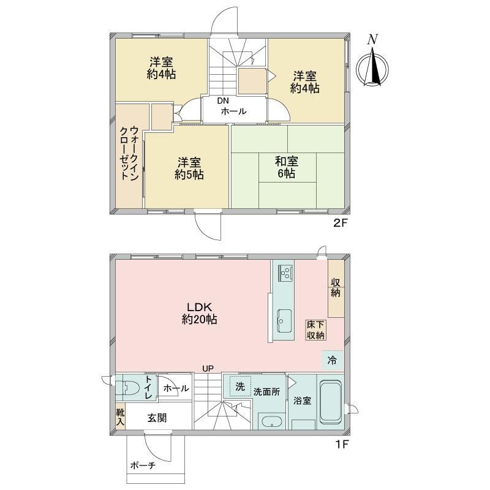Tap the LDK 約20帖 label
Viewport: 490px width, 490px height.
click(200, 313)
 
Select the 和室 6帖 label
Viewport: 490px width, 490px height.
click(287, 167)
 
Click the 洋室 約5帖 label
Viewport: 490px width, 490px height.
click(189, 168)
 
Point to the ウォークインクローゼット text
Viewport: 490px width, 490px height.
click(129, 153)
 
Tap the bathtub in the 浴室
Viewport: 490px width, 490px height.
click(331, 401)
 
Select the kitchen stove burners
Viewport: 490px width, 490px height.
click(285, 273)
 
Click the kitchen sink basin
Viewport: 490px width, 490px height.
click(284, 321)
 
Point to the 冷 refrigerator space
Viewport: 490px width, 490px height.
click(333, 360)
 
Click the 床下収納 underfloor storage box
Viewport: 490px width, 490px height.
click(315, 330)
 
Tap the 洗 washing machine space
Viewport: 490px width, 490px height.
click(240, 386)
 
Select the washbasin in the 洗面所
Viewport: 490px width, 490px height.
click(271, 422)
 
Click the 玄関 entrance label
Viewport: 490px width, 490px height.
click(157, 418)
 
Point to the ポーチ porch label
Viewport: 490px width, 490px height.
click(143, 466)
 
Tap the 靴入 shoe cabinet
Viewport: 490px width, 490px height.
click(120, 417)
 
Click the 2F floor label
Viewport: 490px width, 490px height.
click(341, 223)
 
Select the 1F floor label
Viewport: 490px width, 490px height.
click(342, 444)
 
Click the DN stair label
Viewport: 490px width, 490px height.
click(223, 100)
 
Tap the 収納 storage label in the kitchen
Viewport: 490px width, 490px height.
click(336, 287)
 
